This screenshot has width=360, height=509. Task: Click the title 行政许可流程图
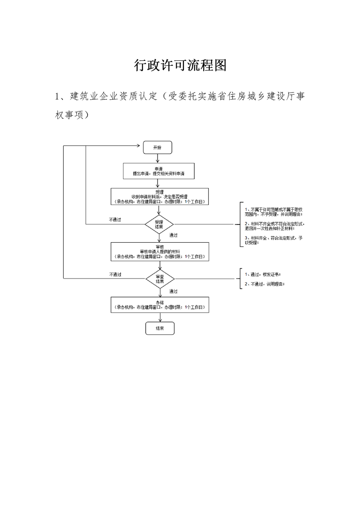[x=180, y=65]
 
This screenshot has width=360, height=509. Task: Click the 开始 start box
[x=157, y=147]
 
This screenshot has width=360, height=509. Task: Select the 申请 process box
[x=158, y=171]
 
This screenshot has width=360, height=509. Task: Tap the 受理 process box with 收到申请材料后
[x=158, y=196]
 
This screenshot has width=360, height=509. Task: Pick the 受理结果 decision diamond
[x=159, y=224]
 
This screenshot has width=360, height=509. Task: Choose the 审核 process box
[x=160, y=251]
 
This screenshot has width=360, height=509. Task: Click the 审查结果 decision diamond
[x=160, y=279]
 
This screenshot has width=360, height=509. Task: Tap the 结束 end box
[x=160, y=328]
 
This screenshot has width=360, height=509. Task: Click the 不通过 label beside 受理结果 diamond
[x=115, y=220]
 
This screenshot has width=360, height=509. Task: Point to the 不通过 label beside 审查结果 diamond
[x=115, y=274]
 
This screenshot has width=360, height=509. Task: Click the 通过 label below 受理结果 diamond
[x=173, y=235]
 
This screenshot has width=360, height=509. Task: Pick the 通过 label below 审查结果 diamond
[x=173, y=291]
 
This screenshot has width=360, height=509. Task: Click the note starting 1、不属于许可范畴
[x=273, y=211]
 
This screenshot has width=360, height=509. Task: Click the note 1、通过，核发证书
[x=262, y=274]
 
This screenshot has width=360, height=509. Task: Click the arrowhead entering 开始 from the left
[x=140, y=146]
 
